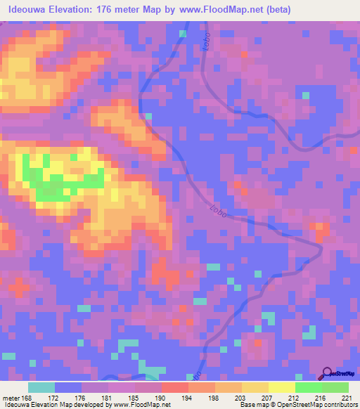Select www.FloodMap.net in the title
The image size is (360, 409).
point(216,10)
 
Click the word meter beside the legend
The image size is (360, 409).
point(11,398)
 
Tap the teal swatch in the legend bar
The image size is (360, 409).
point(41,387)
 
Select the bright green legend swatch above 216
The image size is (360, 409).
point(308,387)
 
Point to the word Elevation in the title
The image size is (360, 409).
point(73,10)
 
